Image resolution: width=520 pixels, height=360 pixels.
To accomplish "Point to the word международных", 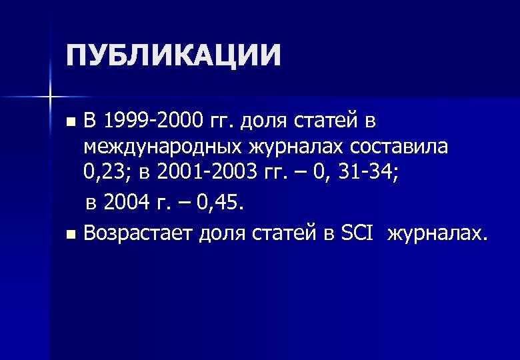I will (x=161, y=148).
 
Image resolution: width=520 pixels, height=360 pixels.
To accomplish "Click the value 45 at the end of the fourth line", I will (x=227, y=202).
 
